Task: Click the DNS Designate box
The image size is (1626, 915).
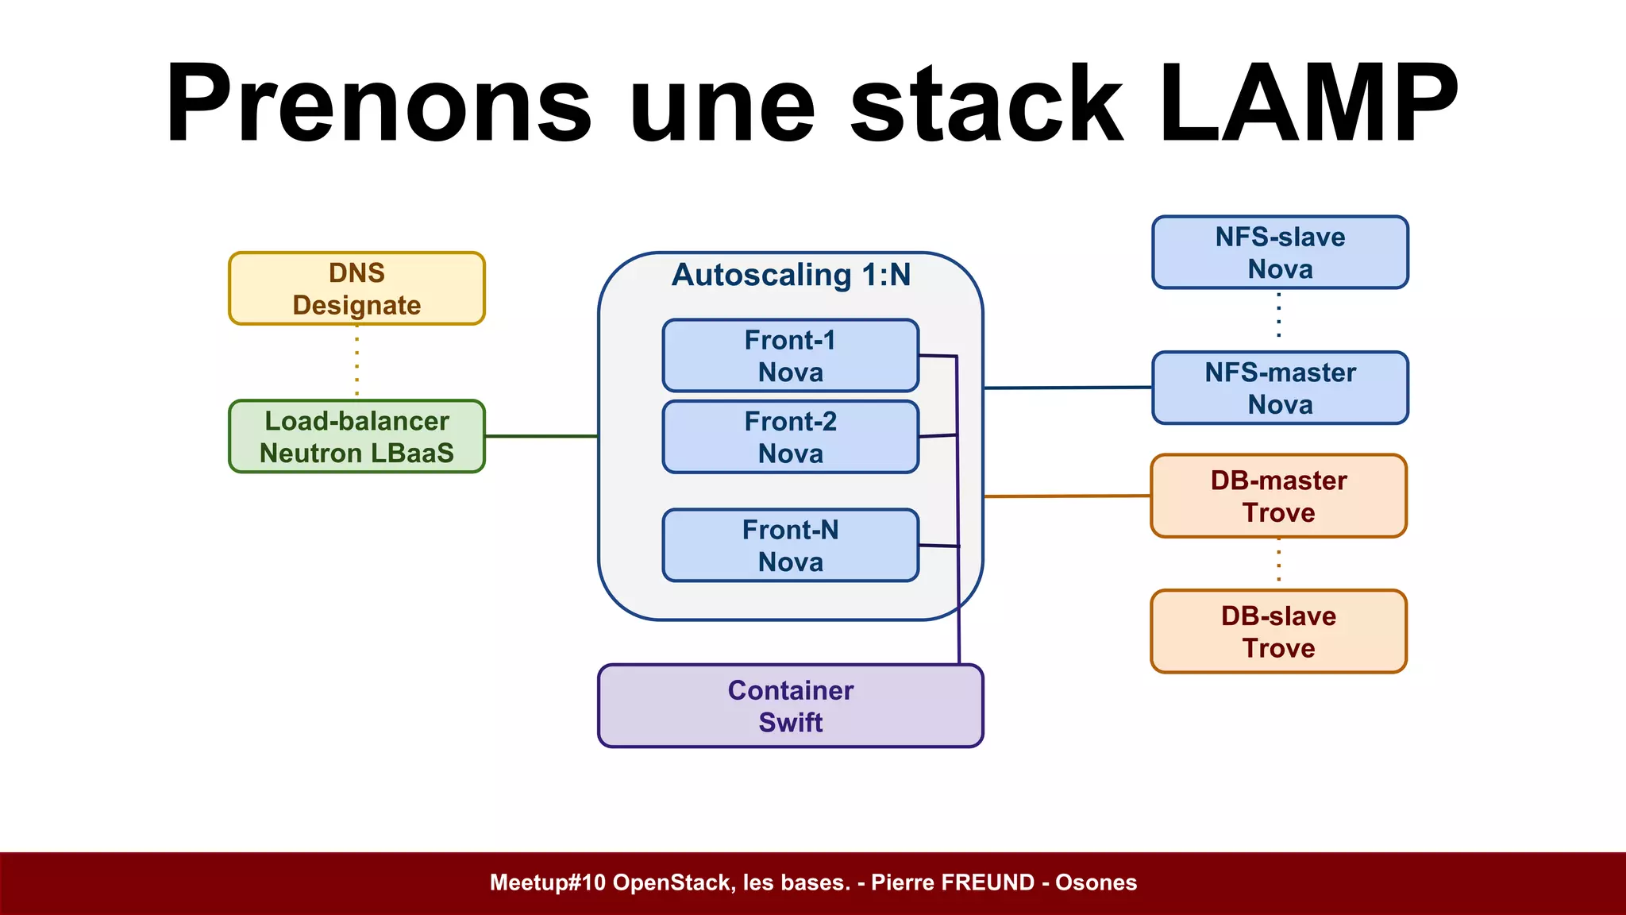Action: click(356, 288)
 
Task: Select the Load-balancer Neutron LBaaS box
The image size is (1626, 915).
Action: click(356, 436)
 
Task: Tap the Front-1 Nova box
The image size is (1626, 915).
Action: click(790, 356)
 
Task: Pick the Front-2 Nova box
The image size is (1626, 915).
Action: click(790, 437)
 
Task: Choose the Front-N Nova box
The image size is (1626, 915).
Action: click(790, 546)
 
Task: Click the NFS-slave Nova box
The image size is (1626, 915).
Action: click(1280, 253)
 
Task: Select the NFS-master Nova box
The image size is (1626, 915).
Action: click(1280, 388)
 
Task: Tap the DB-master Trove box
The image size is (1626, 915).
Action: click(1278, 496)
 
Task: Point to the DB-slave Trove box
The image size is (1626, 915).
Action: click(1278, 631)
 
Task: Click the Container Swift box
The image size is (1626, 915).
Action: click(790, 706)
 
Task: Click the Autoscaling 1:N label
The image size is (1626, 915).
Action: click(791, 275)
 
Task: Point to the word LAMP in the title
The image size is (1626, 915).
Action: click(1308, 103)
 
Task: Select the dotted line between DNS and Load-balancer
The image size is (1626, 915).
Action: click(356, 362)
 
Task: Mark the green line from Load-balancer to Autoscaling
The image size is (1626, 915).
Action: click(541, 436)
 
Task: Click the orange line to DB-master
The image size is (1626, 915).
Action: click(1067, 496)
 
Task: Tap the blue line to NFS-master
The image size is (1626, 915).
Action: click(1067, 388)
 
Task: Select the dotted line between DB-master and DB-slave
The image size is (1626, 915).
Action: click(1278, 562)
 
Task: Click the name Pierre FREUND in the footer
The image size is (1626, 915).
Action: click(953, 882)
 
